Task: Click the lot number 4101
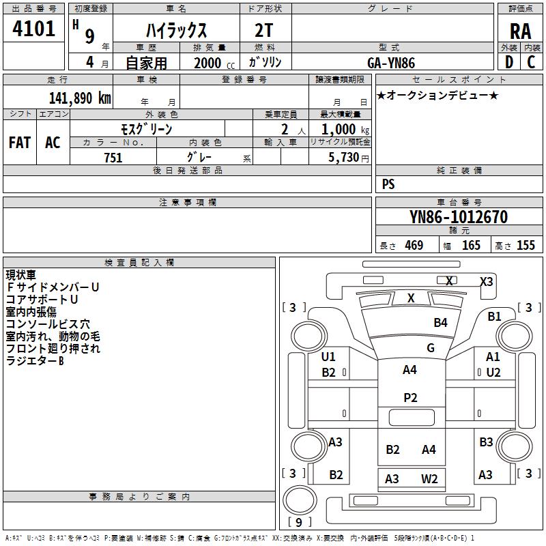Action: point(34,30)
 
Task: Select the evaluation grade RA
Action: point(519,31)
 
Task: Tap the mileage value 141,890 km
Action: point(80,98)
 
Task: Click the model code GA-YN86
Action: point(392,62)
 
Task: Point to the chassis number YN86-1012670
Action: point(458,218)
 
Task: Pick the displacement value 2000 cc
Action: point(212,63)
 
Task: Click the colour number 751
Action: point(113,158)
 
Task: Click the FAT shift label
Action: point(20,142)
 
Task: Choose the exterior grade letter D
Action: point(508,61)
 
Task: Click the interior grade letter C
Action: point(531,61)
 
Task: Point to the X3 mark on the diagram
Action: point(486,281)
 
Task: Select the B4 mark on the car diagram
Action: point(440,323)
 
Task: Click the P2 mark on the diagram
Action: point(409,398)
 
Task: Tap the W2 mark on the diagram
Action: point(429,478)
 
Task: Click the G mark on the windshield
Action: point(430,348)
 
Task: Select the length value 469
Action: point(414,246)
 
